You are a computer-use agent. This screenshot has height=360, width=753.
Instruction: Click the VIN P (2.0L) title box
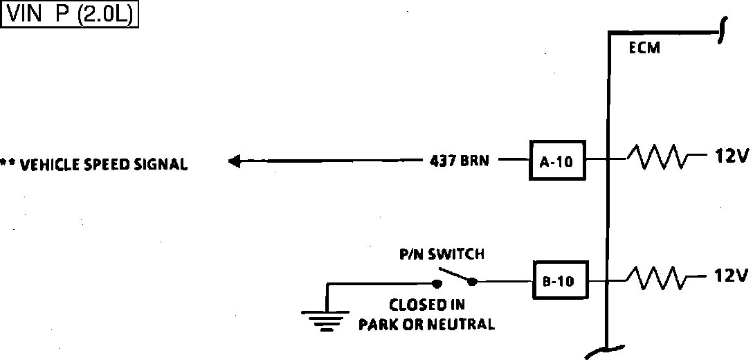tap(71, 15)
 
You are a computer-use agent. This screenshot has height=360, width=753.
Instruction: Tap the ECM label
tap(644, 48)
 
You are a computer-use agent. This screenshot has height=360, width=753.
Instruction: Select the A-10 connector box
tap(556, 161)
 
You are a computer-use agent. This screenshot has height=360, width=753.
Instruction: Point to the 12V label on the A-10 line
tap(730, 157)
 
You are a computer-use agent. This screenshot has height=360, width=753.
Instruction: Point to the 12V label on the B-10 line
tap(730, 276)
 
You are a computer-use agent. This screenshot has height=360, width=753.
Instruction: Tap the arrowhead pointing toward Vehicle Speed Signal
tap(235, 161)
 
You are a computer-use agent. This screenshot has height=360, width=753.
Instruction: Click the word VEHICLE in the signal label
tap(46, 165)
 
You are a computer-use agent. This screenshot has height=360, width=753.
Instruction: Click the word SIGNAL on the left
tap(161, 165)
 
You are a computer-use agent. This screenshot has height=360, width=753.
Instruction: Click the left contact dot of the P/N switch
tap(437, 283)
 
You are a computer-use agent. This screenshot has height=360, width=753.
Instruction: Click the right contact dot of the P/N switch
tap(473, 281)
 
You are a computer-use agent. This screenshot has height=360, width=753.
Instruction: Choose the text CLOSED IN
tap(426, 305)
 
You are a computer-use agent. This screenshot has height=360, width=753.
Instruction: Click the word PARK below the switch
tap(376, 324)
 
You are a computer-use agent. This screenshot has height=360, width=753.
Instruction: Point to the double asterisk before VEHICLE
tap(8, 164)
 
